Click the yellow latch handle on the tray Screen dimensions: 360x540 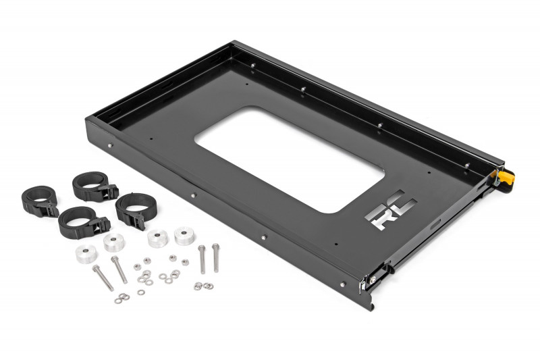504,178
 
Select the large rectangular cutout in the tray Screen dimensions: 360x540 289,159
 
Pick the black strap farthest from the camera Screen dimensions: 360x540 94,187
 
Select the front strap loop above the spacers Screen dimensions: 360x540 82,222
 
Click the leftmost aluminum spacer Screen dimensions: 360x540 86,254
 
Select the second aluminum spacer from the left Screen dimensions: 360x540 113,242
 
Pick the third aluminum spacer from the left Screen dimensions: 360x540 158,239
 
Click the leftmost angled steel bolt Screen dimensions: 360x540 103,277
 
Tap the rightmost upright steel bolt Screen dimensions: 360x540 216,258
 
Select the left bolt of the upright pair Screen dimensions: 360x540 202,259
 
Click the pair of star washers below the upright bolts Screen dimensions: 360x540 202,286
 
